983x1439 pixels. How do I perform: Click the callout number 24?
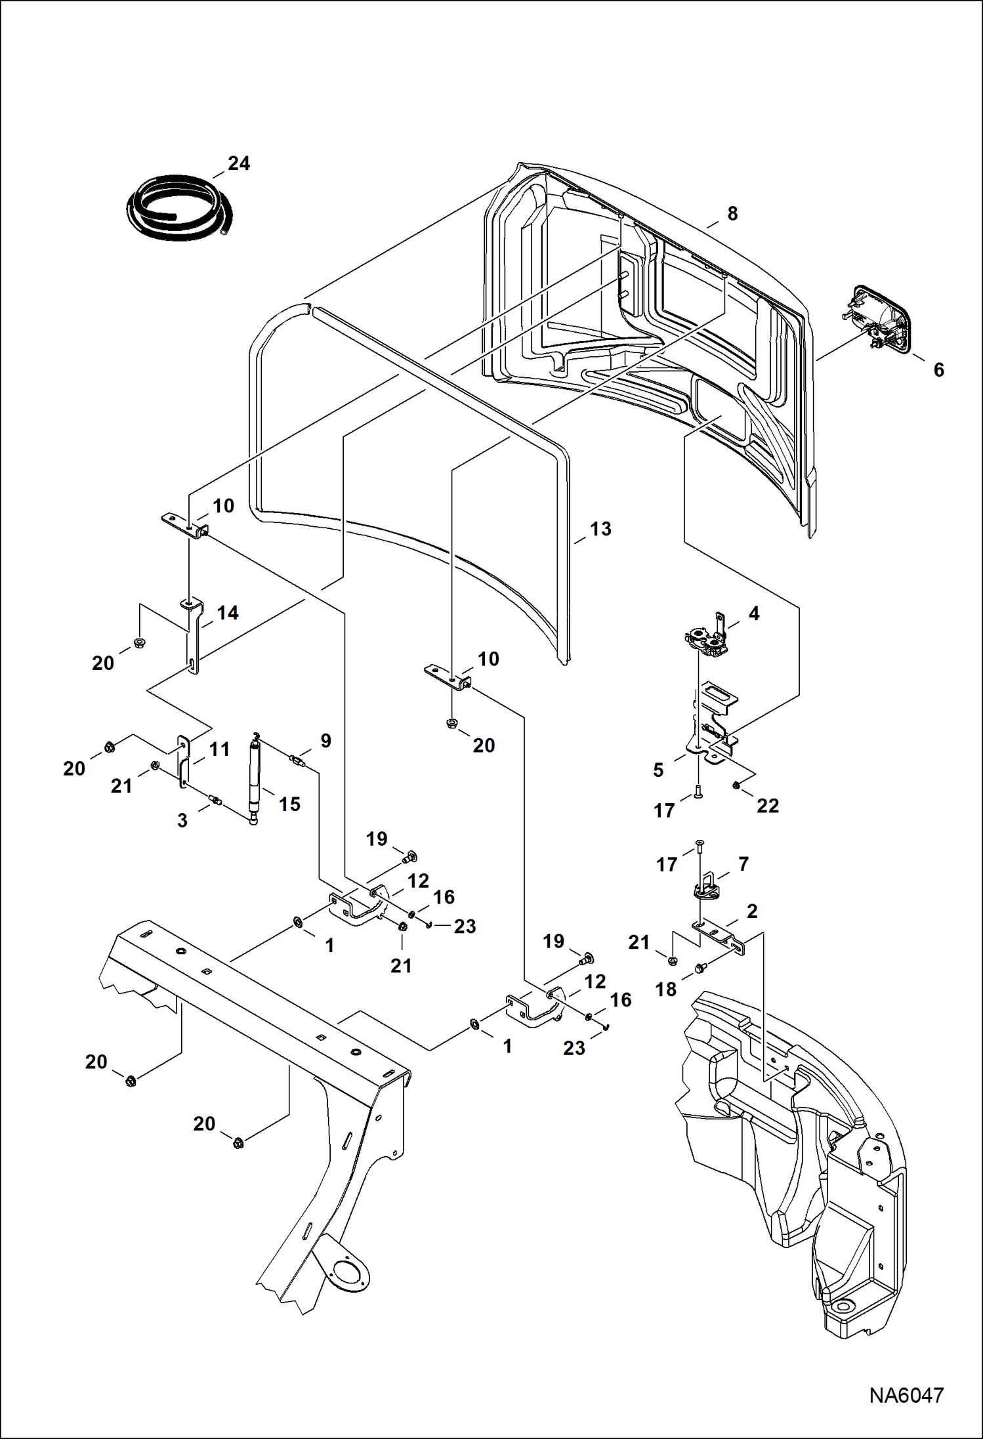239,163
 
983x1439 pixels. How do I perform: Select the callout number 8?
732,213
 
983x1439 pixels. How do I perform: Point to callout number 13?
600,529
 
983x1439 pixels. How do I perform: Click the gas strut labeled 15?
254,780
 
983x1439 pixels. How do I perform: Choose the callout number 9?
325,741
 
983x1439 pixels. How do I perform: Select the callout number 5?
659,770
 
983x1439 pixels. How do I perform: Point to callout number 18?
665,989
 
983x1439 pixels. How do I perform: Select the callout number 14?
227,613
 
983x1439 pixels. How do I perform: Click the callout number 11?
219,749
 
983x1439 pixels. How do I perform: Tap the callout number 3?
182,820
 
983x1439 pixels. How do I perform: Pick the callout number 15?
289,804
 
